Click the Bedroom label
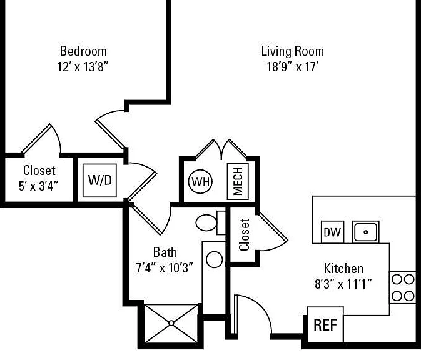[x=83, y=51]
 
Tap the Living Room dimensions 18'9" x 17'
[x=292, y=66]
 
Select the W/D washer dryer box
[x=99, y=181]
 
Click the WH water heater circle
[x=200, y=182]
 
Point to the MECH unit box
[x=238, y=181]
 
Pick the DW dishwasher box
[x=332, y=232]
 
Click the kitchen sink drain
[x=365, y=232]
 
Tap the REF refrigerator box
[x=325, y=324]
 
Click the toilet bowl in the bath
[x=206, y=222]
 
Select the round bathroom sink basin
[x=215, y=259]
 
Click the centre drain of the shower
[x=171, y=323]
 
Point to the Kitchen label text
[x=343, y=268]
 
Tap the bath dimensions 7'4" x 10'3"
[x=165, y=267]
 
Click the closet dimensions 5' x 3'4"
[x=39, y=186]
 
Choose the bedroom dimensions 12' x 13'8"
[x=83, y=66]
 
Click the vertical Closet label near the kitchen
[x=245, y=235]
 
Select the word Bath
[x=165, y=252]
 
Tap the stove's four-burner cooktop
[x=403, y=288]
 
